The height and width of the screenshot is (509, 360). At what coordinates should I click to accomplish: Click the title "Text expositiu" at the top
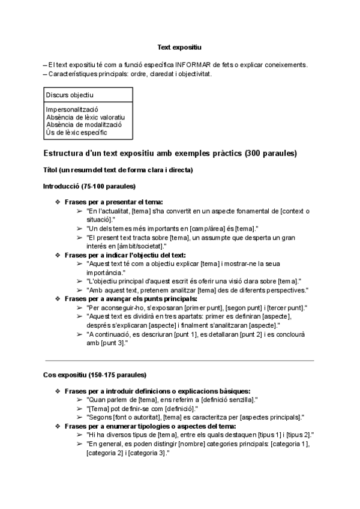[x=179, y=47]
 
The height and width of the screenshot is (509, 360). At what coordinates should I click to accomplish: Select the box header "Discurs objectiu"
[x=70, y=95]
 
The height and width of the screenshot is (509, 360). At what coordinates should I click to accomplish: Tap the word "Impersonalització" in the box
[x=71, y=110]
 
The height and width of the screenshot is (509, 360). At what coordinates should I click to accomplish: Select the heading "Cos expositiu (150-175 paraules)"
[x=95, y=375]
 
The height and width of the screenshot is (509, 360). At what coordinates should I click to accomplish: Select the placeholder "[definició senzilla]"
[x=223, y=399]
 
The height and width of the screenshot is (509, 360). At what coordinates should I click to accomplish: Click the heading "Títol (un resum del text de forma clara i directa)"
[x=118, y=170]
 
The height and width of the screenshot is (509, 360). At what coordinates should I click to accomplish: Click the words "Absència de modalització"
[x=83, y=124]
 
